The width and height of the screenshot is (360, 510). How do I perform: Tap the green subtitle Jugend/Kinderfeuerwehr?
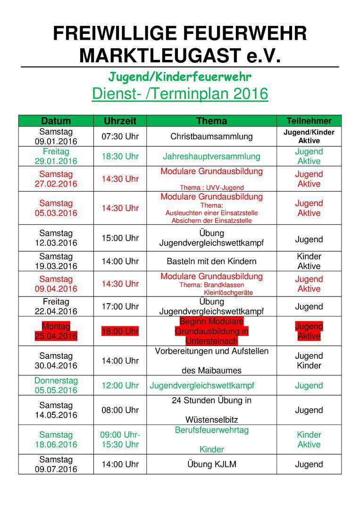tap(180, 76)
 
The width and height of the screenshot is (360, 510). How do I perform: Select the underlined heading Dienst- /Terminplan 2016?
tap(180, 93)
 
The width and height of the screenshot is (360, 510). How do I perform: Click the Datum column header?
tap(56, 121)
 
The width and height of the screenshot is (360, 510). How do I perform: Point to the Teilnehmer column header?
tap(309, 121)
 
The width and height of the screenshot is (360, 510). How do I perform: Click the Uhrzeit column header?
tap(120, 121)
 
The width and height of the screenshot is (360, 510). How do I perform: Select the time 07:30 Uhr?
tap(120, 136)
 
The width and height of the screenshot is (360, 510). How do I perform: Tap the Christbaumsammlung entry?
tap(211, 136)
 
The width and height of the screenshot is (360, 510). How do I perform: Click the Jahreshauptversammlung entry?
tap(211, 156)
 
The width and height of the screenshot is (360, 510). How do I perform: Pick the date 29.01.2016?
tap(56, 161)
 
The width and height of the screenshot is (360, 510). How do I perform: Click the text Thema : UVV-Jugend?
tap(211, 187)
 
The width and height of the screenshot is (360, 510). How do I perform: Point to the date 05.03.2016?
tap(56, 213)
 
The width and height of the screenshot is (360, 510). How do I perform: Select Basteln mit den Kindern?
tap(211, 261)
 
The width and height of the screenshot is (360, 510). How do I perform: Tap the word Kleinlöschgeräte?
tap(228, 292)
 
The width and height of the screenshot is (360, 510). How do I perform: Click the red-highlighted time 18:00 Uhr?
tap(120, 331)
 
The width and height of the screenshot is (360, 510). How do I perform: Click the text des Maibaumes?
tap(211, 371)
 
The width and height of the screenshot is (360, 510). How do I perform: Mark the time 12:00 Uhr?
tap(120, 385)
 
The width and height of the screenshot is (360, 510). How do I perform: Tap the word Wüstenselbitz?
tap(211, 420)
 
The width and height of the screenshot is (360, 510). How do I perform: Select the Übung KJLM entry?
tap(211, 464)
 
